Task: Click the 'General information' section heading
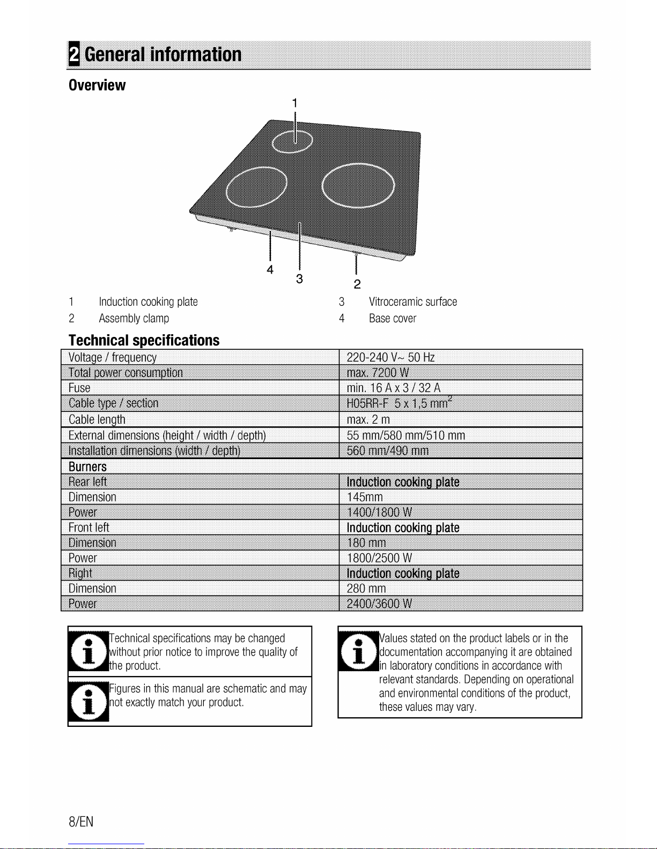coord(163,54)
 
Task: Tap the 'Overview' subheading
coord(97,85)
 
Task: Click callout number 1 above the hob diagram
coord(295,103)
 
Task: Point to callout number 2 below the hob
coord(357,284)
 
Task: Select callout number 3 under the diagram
coord(299,279)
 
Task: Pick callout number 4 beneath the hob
coord(270,269)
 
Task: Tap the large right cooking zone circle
coord(322,185)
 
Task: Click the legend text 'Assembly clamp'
coord(134,318)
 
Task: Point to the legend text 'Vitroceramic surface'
coord(413,302)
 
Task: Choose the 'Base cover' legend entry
coord(393,318)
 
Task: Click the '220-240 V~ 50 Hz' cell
coord(390,357)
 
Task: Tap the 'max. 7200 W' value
coord(378,372)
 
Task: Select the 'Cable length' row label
coord(97,419)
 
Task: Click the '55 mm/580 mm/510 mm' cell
coord(406,435)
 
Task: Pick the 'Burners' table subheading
coord(87,467)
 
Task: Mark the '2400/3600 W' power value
coord(379,604)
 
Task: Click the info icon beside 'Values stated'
coord(359,651)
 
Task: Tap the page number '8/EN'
coord(81,822)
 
